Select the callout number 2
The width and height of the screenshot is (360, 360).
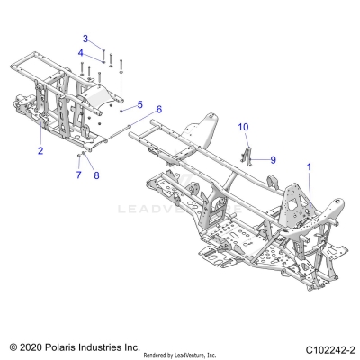(40, 152)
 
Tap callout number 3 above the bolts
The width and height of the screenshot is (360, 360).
(86, 39)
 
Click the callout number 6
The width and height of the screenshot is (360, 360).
(158, 109)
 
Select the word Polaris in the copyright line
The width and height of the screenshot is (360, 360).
(64, 346)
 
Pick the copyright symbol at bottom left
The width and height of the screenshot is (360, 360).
(13, 346)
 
